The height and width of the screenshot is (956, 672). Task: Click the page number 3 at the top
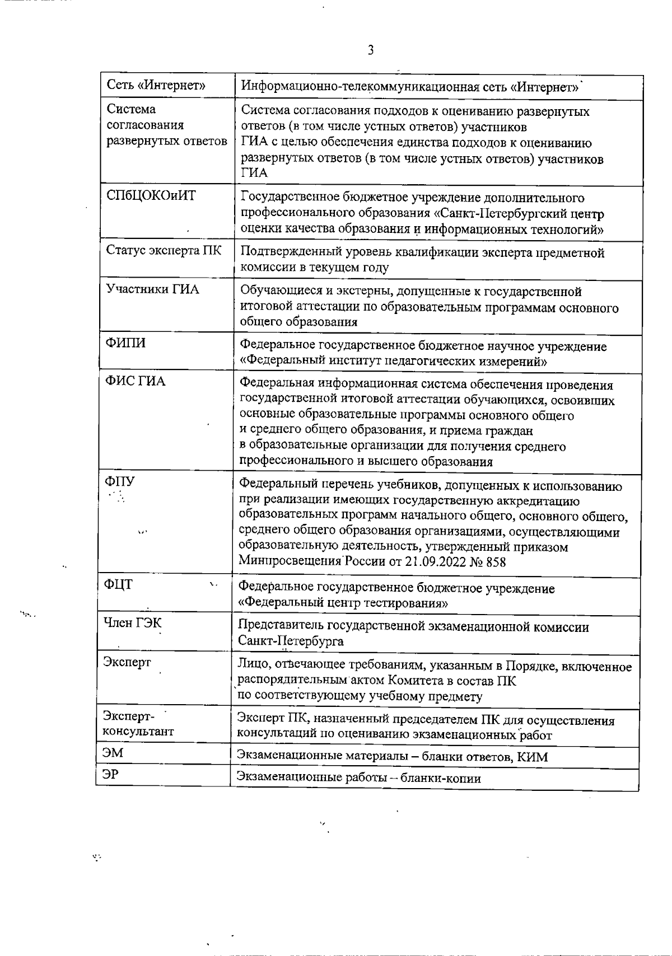tap(370, 50)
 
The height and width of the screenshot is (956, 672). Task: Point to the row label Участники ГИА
tap(152, 289)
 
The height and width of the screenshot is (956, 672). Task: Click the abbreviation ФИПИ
tap(125, 343)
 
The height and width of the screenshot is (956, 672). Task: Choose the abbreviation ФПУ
tap(120, 481)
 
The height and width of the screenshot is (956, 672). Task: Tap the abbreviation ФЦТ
tap(118, 585)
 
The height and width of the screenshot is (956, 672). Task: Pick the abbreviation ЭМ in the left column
tap(113, 753)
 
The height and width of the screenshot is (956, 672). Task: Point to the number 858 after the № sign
tap(496, 562)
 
